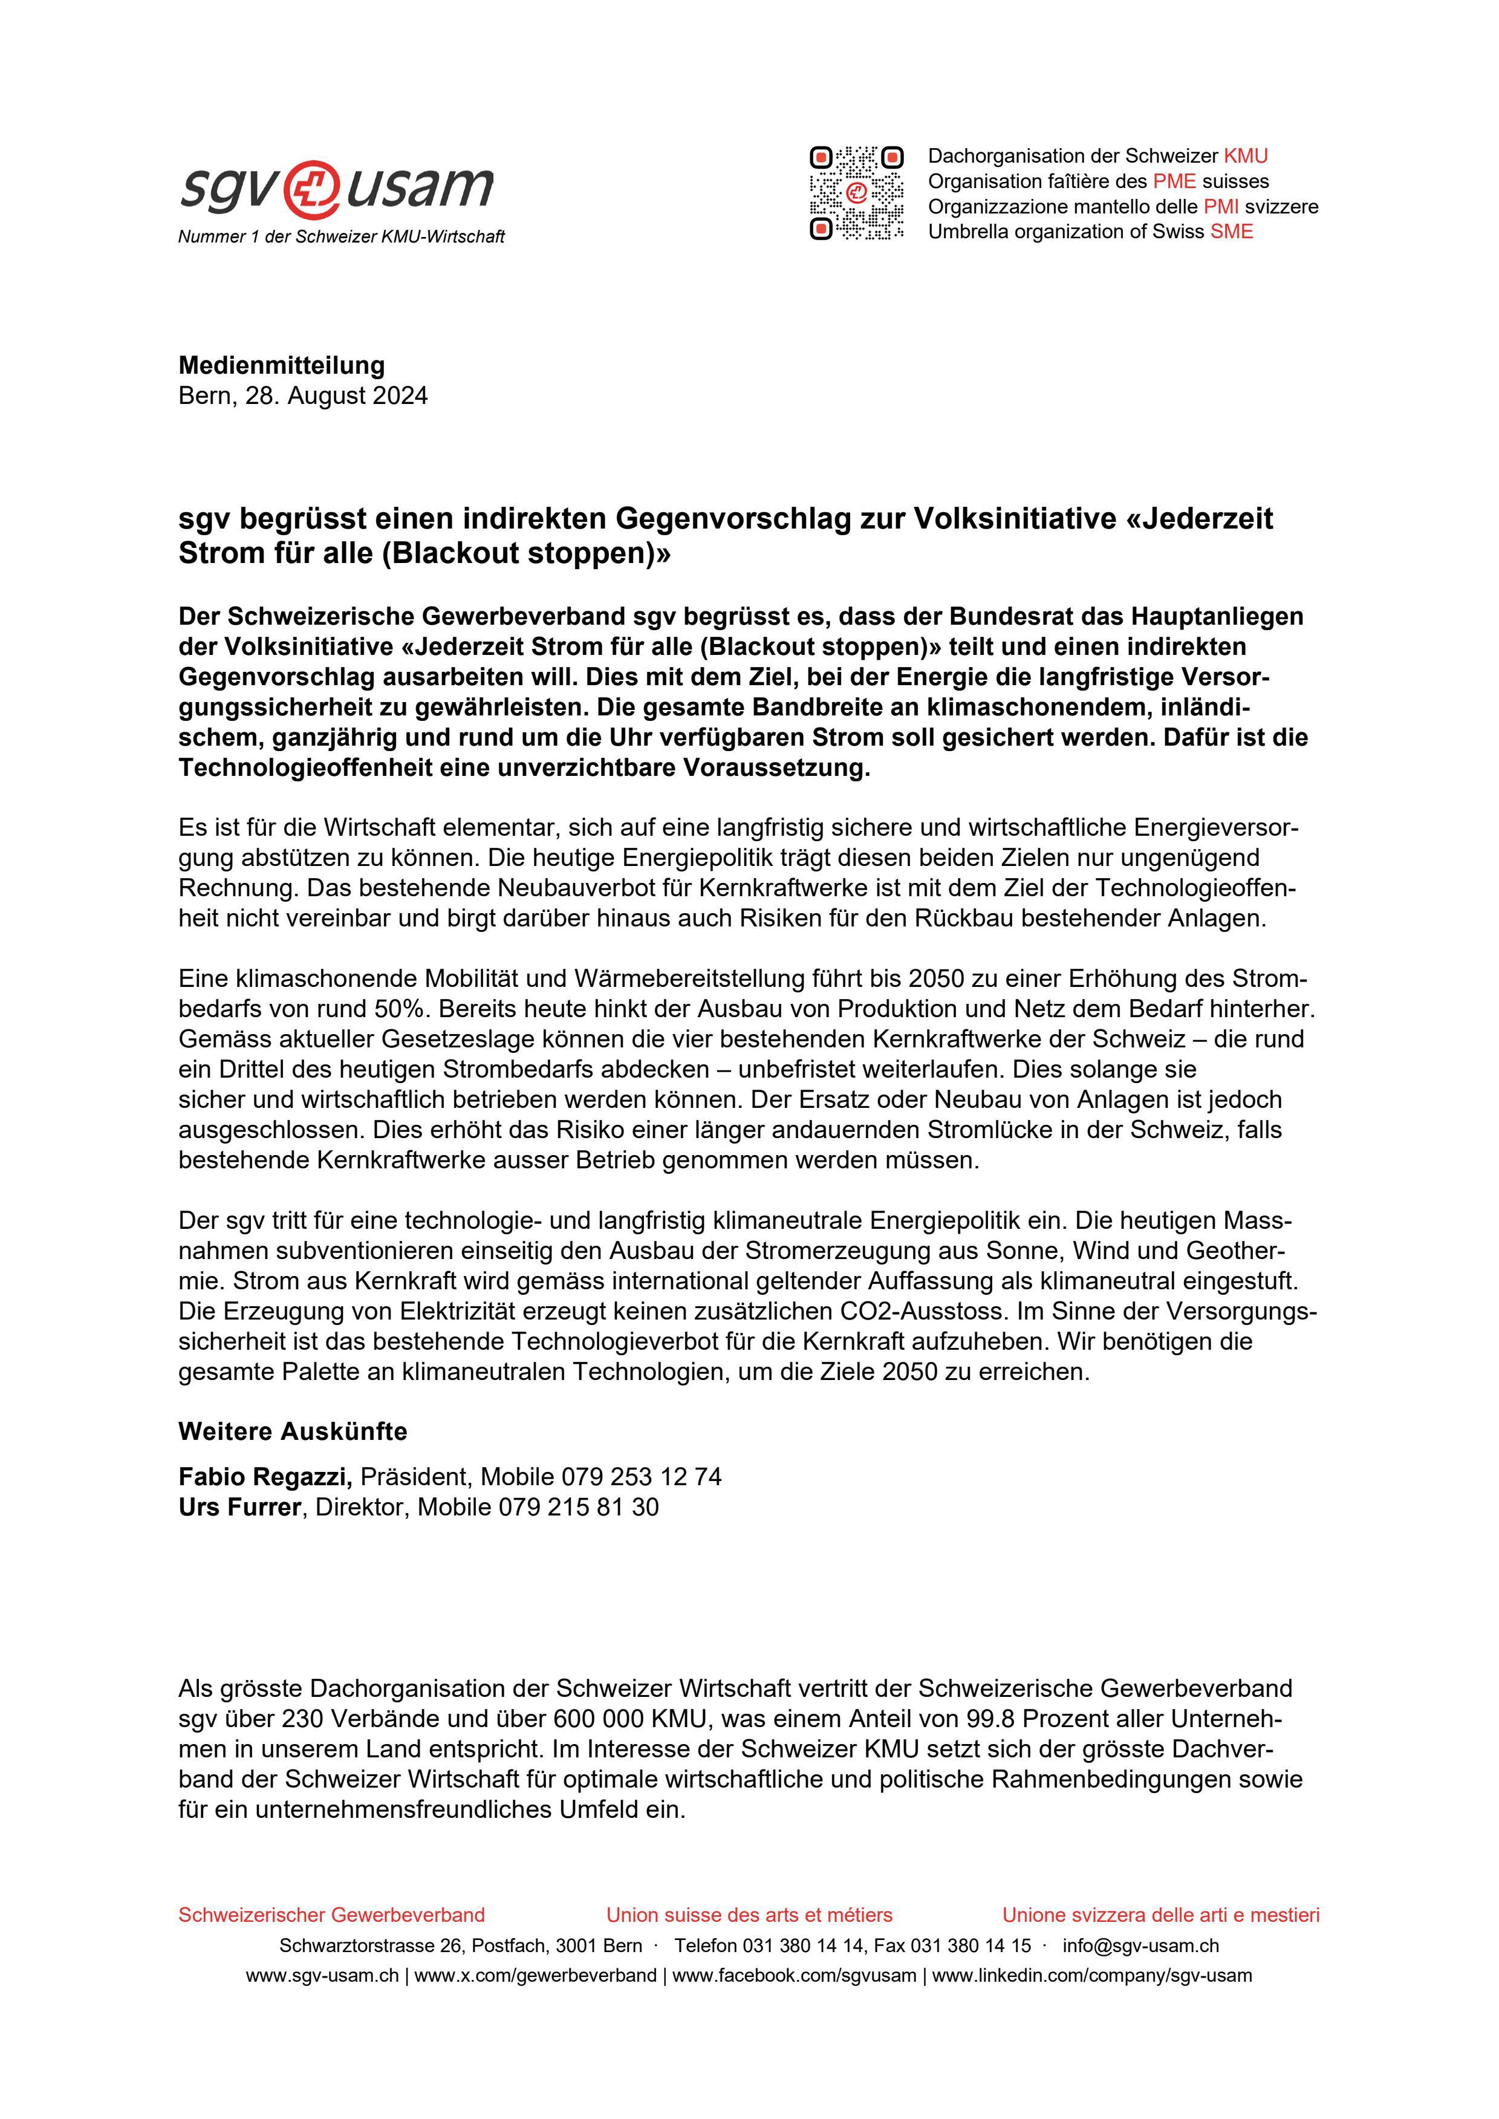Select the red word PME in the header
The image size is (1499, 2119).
[1174, 181]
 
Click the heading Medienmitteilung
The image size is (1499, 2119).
[282, 365]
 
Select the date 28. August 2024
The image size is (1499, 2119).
[336, 396]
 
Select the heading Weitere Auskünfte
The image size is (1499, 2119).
[293, 1431]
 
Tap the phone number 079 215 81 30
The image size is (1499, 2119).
[579, 1507]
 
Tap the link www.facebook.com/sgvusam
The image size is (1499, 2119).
[794, 1976]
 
